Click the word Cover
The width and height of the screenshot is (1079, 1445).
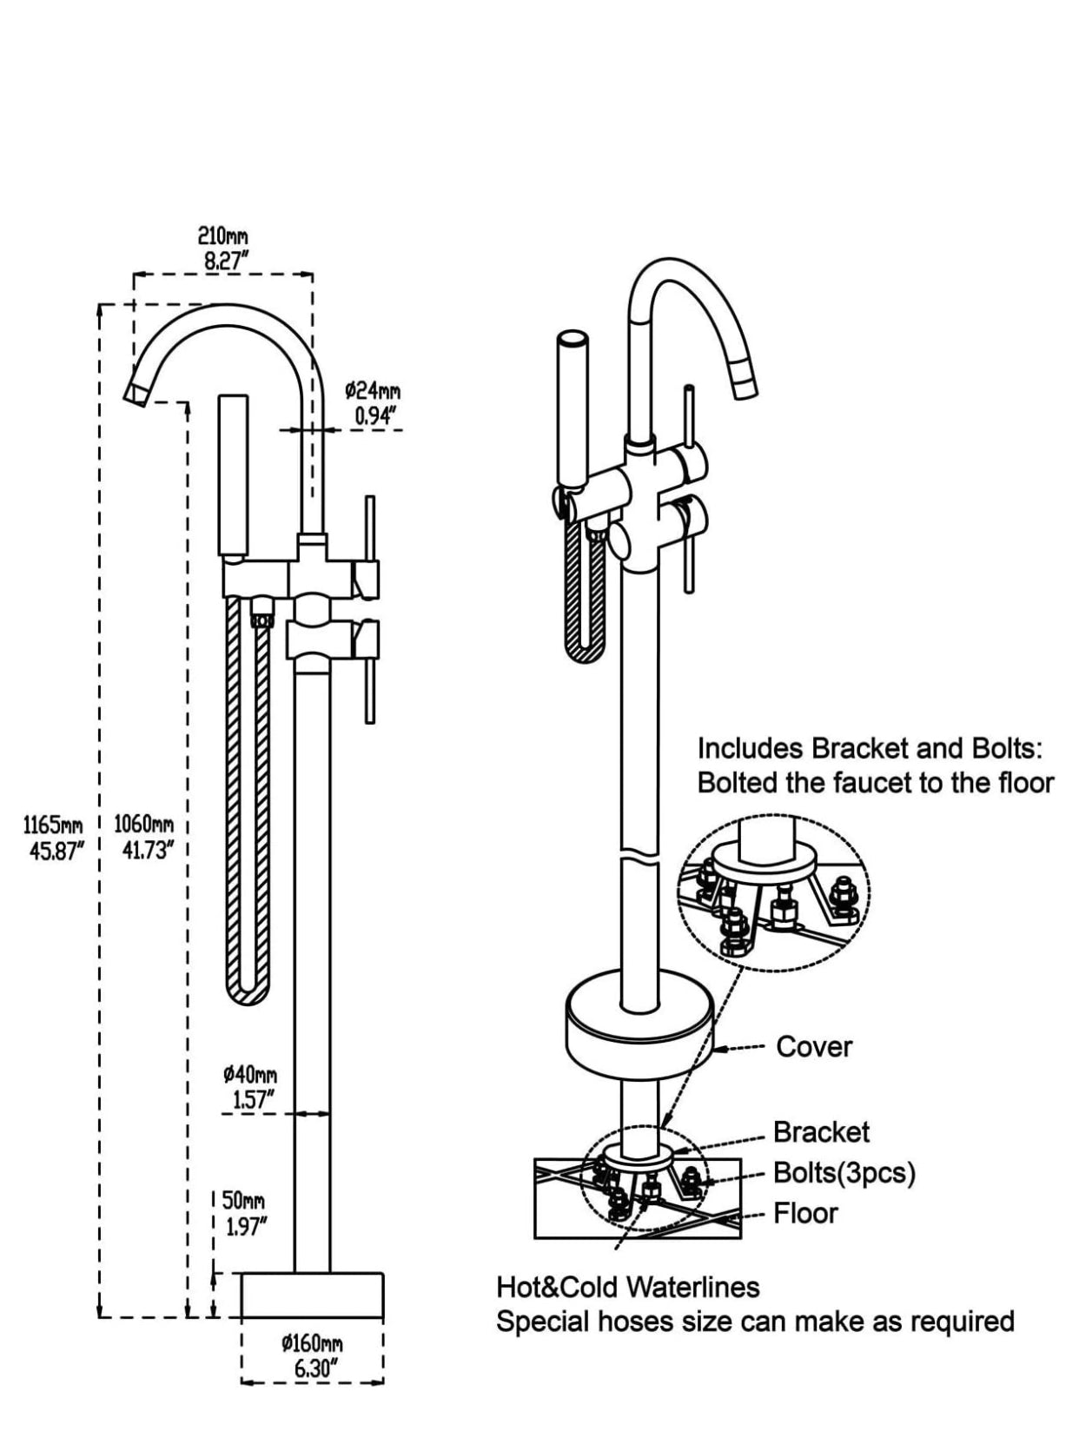(813, 1047)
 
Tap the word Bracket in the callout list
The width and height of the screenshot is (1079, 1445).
(821, 1132)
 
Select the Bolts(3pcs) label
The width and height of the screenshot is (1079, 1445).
(844, 1173)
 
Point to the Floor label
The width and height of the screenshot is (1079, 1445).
(805, 1213)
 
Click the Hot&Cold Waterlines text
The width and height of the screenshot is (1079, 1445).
(627, 1287)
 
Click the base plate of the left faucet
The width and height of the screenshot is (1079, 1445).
(312, 1296)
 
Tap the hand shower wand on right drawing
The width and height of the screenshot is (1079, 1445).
(572, 408)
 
